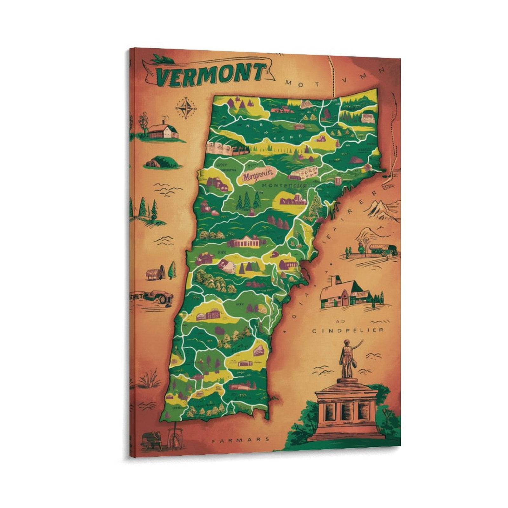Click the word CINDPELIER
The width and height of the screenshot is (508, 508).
click(347, 331)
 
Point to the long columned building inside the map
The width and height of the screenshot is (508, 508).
click(247, 243)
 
